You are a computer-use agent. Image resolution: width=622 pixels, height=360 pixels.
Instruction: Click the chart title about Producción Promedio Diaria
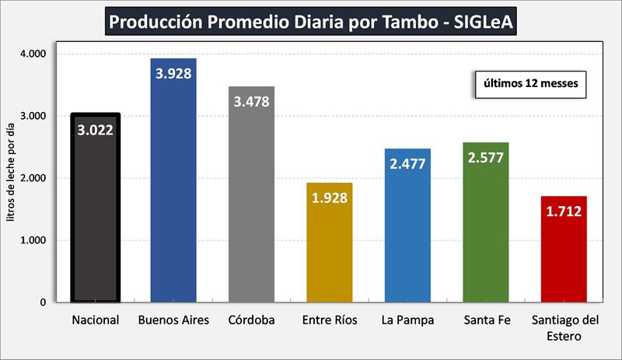311,21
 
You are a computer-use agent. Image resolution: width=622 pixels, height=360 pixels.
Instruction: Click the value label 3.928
173,74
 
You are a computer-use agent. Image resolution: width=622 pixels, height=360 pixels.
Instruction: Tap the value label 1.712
563,211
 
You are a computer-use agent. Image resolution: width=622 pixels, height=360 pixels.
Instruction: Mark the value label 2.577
485,158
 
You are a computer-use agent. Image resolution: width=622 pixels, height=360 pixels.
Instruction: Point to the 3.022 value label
95,130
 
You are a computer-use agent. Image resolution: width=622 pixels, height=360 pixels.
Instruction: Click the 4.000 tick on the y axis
33,54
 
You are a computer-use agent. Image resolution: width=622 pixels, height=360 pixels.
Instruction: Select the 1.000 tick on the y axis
33,240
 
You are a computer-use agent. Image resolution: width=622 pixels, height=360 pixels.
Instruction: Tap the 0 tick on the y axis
43,302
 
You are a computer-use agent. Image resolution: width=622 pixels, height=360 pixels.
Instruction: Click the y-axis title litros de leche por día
10,177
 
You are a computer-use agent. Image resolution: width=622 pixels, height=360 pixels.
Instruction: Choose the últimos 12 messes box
530,84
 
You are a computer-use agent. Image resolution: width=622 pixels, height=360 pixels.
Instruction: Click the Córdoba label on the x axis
251,320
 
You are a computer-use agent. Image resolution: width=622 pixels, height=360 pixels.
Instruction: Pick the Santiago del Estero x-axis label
563,328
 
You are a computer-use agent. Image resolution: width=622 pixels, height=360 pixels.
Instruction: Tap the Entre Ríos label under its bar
330,320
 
